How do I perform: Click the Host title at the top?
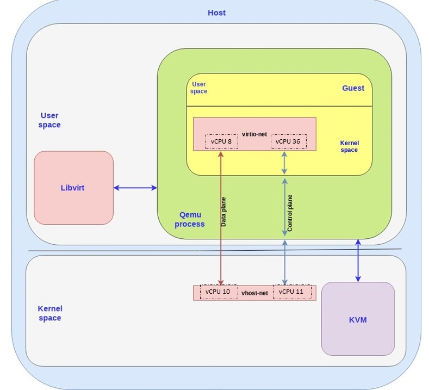(x=216, y=13)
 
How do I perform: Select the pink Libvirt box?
(x=73, y=188)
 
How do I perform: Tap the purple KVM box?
(x=358, y=319)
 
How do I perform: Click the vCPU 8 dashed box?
(x=221, y=141)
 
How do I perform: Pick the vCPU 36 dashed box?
(x=288, y=141)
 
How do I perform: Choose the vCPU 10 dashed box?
(x=218, y=292)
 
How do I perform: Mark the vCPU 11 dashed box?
(x=294, y=292)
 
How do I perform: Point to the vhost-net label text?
(x=255, y=293)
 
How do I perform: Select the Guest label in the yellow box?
(x=353, y=88)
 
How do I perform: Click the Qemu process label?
(x=190, y=219)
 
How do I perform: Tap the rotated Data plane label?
(x=224, y=212)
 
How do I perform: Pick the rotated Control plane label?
(x=290, y=213)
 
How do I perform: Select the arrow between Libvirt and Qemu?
(x=135, y=188)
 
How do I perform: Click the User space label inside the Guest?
(x=198, y=88)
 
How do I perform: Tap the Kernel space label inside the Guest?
(x=349, y=146)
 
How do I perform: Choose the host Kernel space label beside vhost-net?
(x=50, y=313)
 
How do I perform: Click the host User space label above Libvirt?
(x=50, y=120)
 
